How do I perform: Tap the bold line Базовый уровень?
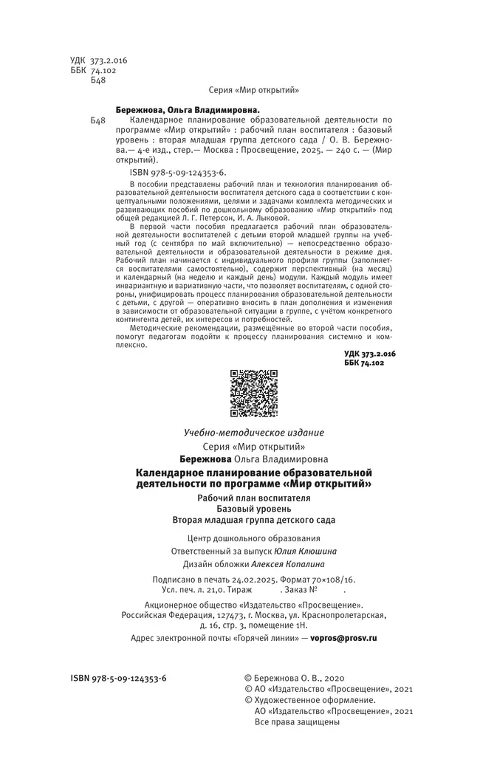[x=254, y=509]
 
